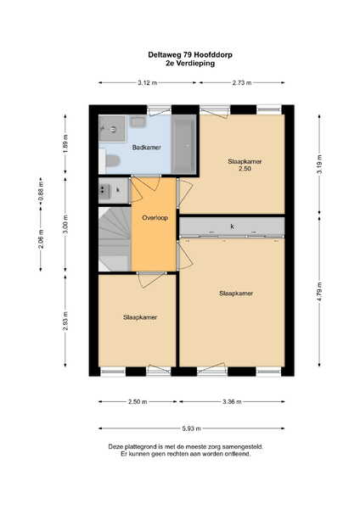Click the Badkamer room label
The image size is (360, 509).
pos(147,148)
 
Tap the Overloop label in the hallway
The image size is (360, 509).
pos(155,218)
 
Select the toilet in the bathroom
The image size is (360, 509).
pos(110,160)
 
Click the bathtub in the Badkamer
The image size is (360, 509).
pos(183,144)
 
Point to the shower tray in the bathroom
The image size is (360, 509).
pos(112,129)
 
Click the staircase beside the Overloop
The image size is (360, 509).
pos(115,239)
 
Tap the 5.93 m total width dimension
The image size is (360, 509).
pos(192,428)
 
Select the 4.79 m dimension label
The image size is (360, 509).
pos(320,292)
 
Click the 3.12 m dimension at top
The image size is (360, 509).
pos(147,83)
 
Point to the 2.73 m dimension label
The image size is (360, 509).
pos(242,83)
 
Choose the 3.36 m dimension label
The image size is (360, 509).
pos(232,402)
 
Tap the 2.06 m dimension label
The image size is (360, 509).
pos(41,239)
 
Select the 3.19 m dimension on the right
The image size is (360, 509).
pos(320,165)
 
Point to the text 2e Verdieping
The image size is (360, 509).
pos(190,63)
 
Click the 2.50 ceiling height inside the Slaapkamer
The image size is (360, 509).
pos(245,169)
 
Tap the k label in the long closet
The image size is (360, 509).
pos(232,227)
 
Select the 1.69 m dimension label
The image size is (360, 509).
pos(65,144)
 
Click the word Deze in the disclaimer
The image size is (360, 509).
pos(115,447)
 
